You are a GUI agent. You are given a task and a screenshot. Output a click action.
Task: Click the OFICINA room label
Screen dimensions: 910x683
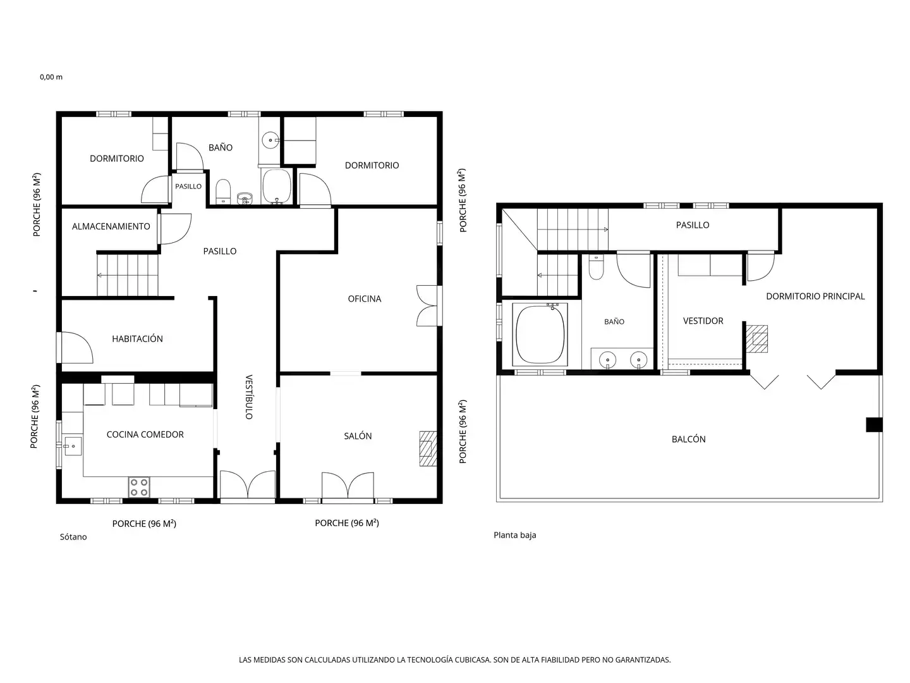364,298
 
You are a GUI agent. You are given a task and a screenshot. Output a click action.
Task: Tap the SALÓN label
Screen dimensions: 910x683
358,436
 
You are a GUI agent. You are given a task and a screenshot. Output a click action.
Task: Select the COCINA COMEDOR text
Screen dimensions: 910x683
145,434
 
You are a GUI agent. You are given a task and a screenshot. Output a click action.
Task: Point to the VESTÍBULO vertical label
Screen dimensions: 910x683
249,397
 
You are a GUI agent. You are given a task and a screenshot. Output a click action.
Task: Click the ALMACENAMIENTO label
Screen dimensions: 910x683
111,226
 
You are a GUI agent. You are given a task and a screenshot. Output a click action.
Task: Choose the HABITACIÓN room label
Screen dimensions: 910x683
137,338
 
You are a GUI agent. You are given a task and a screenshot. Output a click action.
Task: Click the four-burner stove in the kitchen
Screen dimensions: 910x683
138,486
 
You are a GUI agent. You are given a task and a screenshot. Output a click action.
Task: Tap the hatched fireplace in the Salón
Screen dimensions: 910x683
427,448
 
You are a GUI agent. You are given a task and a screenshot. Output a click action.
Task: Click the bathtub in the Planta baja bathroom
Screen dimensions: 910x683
540,335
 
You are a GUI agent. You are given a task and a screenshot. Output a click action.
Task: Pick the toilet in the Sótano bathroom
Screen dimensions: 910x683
222,192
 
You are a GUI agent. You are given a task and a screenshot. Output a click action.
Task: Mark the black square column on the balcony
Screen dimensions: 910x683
873,424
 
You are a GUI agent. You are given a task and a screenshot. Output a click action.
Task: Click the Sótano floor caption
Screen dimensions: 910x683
73,537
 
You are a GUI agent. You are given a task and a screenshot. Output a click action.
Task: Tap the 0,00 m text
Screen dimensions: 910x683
51,77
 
